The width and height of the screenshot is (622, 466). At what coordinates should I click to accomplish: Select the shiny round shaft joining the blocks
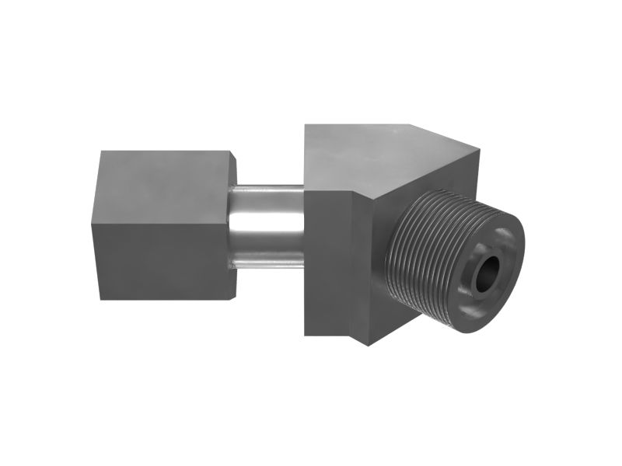pos(268,225)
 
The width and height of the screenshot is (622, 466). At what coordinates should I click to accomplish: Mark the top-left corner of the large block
pos(306,124)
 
